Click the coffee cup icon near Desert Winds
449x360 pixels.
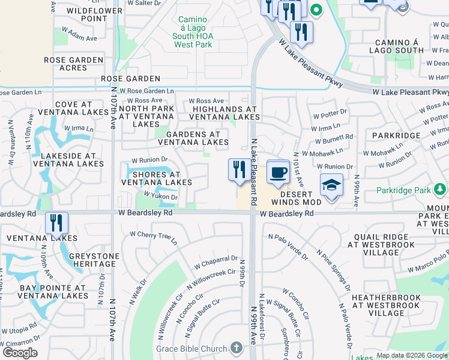(x=278, y=172)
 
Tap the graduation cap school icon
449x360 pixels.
(x=331, y=185)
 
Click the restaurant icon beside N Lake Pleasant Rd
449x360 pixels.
(x=240, y=170)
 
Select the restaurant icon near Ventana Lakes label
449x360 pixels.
(x=57, y=223)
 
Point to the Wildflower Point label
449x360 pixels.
(x=86, y=14)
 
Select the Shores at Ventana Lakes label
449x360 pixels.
(x=157, y=178)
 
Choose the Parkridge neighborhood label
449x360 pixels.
(x=396, y=136)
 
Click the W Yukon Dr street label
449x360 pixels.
(x=160, y=196)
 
